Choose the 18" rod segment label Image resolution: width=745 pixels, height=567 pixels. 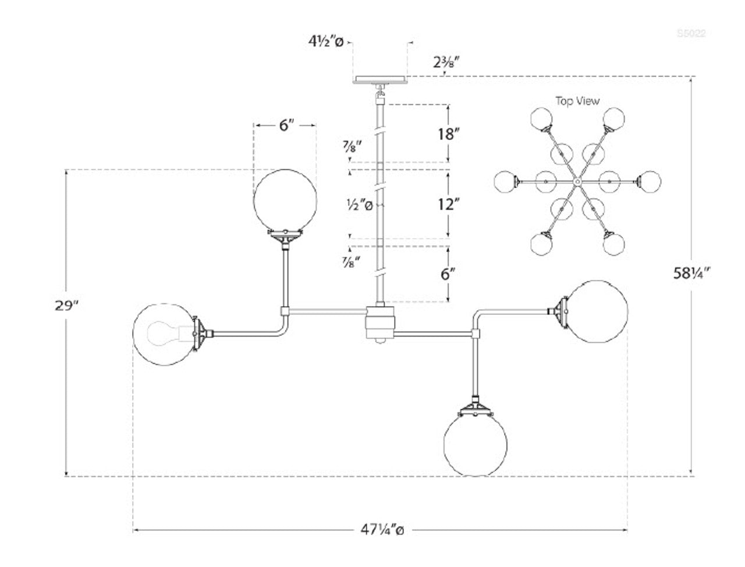449,133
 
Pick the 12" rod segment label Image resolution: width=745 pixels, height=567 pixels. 449,204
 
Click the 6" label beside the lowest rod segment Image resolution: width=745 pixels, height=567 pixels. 447,274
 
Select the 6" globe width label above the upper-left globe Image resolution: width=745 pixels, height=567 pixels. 284,125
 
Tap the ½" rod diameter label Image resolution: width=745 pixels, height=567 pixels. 358,204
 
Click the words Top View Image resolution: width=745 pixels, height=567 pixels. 577,101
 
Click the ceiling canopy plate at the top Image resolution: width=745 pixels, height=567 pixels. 381,79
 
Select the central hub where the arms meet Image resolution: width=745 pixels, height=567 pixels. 380,324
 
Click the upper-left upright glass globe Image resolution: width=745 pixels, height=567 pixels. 285,199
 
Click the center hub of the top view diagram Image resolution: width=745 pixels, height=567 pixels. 577,182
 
